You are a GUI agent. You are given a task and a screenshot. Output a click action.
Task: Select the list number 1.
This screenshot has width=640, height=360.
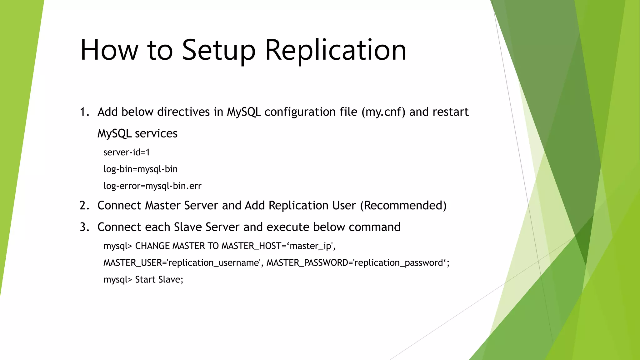84,112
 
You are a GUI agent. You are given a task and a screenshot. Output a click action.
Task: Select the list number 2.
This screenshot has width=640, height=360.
84,206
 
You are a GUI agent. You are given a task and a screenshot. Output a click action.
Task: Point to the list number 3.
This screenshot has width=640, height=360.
84,227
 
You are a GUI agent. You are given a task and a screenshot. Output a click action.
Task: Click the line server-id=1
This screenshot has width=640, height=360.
127,152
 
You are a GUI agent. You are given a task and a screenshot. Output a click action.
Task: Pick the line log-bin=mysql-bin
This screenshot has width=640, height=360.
140,169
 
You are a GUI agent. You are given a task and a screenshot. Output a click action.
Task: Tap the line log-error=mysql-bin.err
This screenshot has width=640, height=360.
152,186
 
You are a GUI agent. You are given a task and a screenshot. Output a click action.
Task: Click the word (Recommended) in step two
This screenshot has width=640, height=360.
403,206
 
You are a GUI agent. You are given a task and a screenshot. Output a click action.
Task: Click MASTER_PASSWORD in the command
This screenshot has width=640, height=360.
308,263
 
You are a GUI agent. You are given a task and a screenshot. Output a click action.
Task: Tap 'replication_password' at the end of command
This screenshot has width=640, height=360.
399,263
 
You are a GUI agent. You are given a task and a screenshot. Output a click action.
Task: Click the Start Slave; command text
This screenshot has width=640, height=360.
159,279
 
